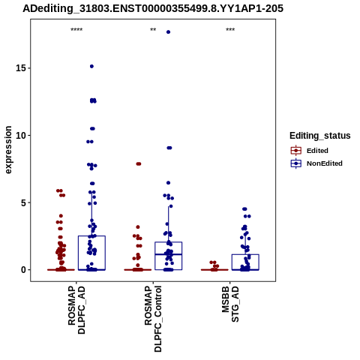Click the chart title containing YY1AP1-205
[x=153, y=8]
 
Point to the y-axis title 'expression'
[x=8, y=150]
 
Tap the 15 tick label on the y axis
[x=21, y=68]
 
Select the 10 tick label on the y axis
[x=21, y=135]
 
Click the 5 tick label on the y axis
[x=24, y=202]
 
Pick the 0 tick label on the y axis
[x=24, y=270]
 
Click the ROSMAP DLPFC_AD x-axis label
[x=76, y=310]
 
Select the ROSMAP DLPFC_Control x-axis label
[x=153, y=319]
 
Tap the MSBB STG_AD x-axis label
[x=230, y=304]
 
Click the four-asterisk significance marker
[x=76, y=30]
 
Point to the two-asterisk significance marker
[x=153, y=30]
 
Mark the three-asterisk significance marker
[x=230, y=30]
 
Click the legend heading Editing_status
[x=320, y=136]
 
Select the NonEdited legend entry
[x=316, y=163]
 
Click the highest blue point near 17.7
[x=168, y=32]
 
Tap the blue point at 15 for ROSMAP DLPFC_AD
[x=91, y=66]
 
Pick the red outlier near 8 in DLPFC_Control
[x=139, y=164]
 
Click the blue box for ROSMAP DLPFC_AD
[x=91, y=253]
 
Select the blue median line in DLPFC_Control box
[x=168, y=254]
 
